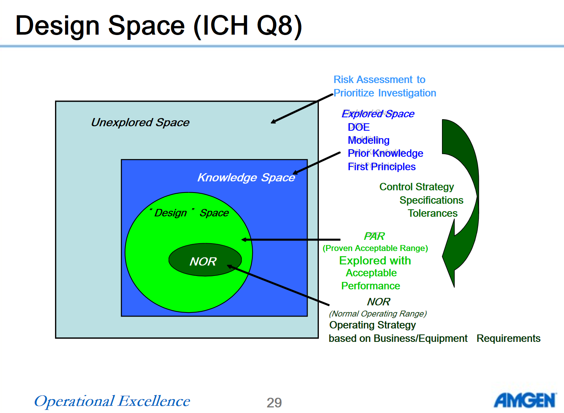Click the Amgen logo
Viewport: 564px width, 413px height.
click(x=525, y=400)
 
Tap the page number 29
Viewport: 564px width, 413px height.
click(x=274, y=403)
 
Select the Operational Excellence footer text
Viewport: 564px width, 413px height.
click(x=112, y=401)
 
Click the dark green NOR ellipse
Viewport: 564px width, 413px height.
click(x=205, y=260)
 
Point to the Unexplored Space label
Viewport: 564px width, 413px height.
click(x=140, y=123)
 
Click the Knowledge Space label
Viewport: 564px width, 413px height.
click(x=246, y=178)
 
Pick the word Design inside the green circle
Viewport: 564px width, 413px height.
click(x=170, y=213)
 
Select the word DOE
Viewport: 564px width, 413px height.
click(x=359, y=127)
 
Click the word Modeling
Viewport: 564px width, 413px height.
click(x=369, y=140)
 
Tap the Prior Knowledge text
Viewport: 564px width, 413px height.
click(x=385, y=153)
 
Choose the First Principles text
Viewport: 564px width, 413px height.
click(x=381, y=167)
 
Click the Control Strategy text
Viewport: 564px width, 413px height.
click(x=416, y=187)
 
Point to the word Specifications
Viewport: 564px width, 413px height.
click(x=431, y=200)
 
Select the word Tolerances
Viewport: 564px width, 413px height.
click(x=433, y=213)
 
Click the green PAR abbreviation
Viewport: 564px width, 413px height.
click(x=374, y=236)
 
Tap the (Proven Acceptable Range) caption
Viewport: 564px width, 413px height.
click(x=375, y=248)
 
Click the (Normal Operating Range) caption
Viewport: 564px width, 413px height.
click(x=378, y=314)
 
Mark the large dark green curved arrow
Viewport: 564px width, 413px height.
click(x=461, y=203)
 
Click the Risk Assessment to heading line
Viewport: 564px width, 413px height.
click(x=379, y=80)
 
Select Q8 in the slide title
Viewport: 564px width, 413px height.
click(x=279, y=26)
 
